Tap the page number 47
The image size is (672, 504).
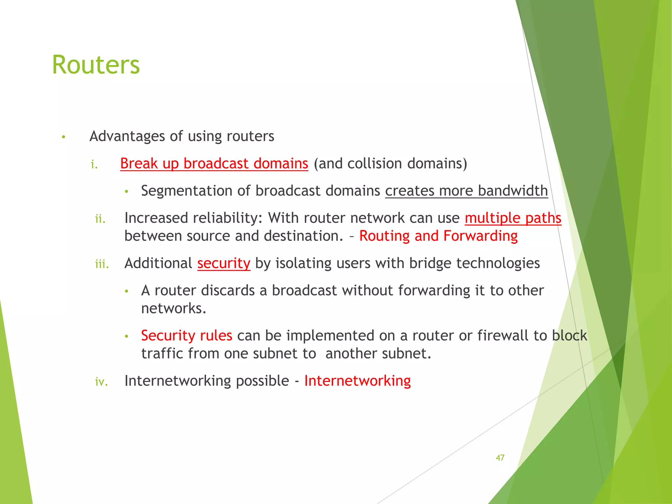[x=500, y=458]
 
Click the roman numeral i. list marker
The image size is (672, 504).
[x=94, y=164]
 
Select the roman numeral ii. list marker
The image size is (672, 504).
[x=100, y=219]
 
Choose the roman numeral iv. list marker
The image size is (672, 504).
[x=101, y=382]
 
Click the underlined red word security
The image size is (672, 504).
[x=223, y=263]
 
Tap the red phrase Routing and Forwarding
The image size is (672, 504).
[x=438, y=236]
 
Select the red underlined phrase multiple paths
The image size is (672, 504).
[x=513, y=218]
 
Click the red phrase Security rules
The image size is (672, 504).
[x=186, y=335]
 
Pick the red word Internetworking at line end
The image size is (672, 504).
[x=357, y=381]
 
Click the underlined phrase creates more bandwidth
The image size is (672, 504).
[x=466, y=191]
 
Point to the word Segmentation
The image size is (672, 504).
[x=193, y=191]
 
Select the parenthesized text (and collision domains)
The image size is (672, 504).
[x=390, y=163]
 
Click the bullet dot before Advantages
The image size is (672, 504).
[x=64, y=137]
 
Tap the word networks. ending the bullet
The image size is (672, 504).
[x=174, y=308]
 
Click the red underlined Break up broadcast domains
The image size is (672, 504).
[x=214, y=163]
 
